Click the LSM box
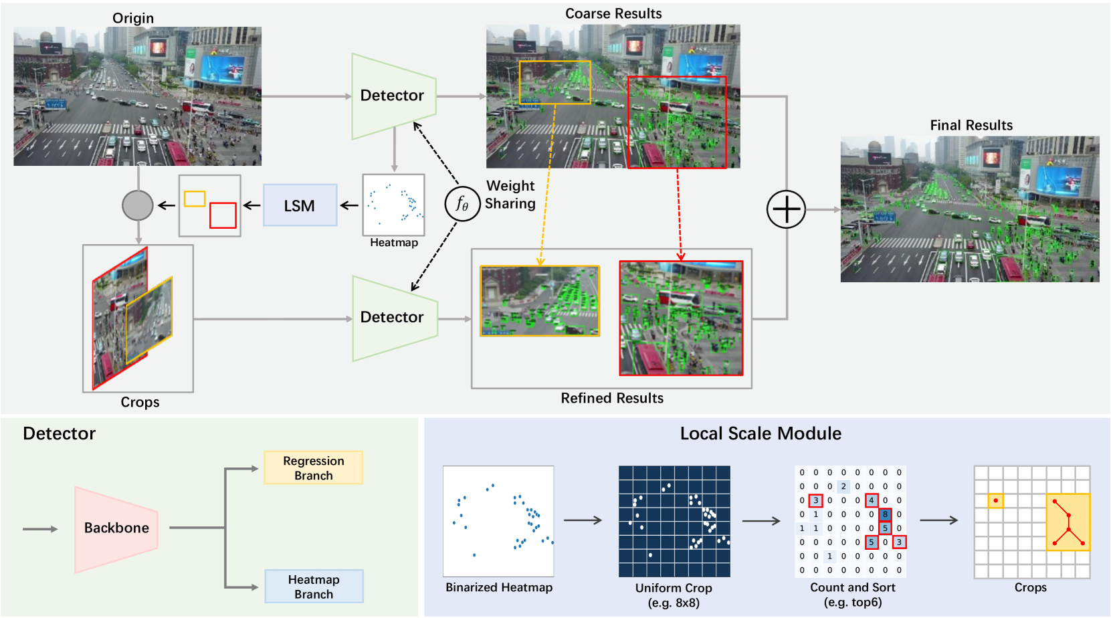(300, 205)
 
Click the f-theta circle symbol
(462, 203)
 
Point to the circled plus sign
(786, 209)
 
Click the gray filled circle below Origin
(138, 205)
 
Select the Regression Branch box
(313, 468)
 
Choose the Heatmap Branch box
(313, 587)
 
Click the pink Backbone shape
(116, 528)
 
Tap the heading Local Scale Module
(761, 433)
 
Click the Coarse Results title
(613, 13)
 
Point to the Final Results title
(971, 125)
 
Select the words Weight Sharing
(510, 195)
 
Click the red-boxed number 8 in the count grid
(885, 514)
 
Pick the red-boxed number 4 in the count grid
(871, 500)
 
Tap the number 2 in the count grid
(843, 486)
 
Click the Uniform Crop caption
(674, 588)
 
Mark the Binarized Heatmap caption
(499, 587)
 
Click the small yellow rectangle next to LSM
(195, 199)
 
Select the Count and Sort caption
(853, 587)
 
